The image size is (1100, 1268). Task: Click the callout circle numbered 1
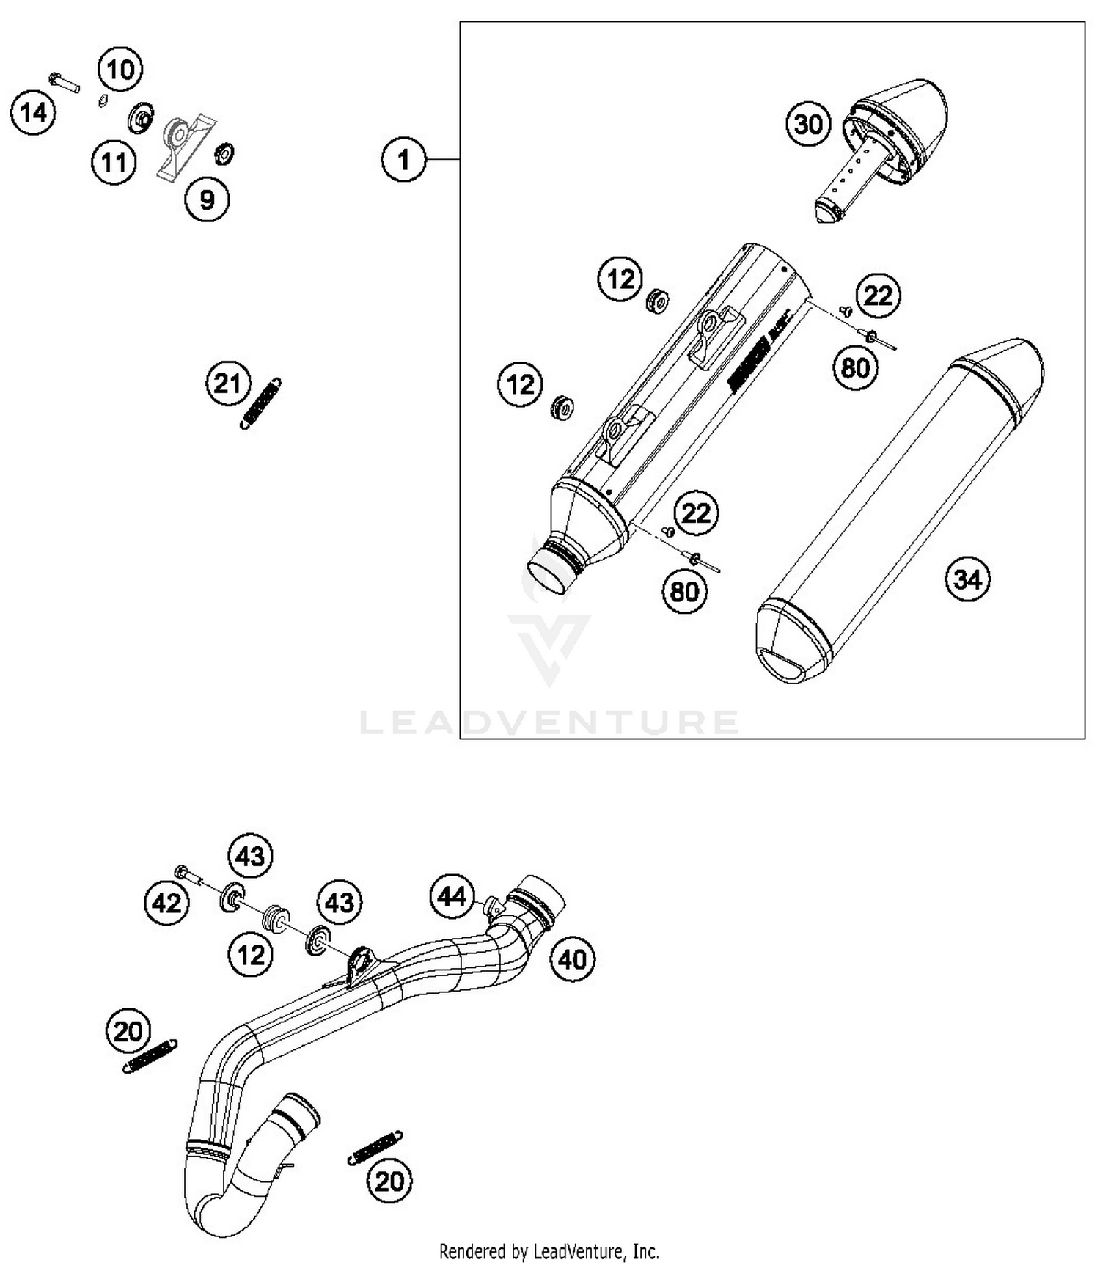coord(403,159)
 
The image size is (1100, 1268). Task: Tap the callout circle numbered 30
coord(808,124)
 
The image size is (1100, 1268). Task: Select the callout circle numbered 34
coord(967,579)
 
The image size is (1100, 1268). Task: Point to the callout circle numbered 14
coord(33,113)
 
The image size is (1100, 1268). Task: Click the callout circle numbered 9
coord(207,199)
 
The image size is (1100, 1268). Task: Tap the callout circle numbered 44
coord(452,896)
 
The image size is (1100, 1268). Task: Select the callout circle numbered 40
coord(573,959)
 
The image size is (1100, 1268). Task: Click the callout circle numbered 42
coord(166,903)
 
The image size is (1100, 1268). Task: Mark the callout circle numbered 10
coord(120,70)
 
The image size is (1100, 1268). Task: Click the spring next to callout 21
coord(261,403)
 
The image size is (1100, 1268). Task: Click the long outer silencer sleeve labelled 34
coord(899,513)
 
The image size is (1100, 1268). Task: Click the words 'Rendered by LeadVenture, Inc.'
coord(549,1250)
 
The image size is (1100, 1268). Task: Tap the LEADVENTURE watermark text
coord(549,722)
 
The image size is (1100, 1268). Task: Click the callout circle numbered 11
coord(114,163)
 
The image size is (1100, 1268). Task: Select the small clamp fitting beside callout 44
coord(494,906)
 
